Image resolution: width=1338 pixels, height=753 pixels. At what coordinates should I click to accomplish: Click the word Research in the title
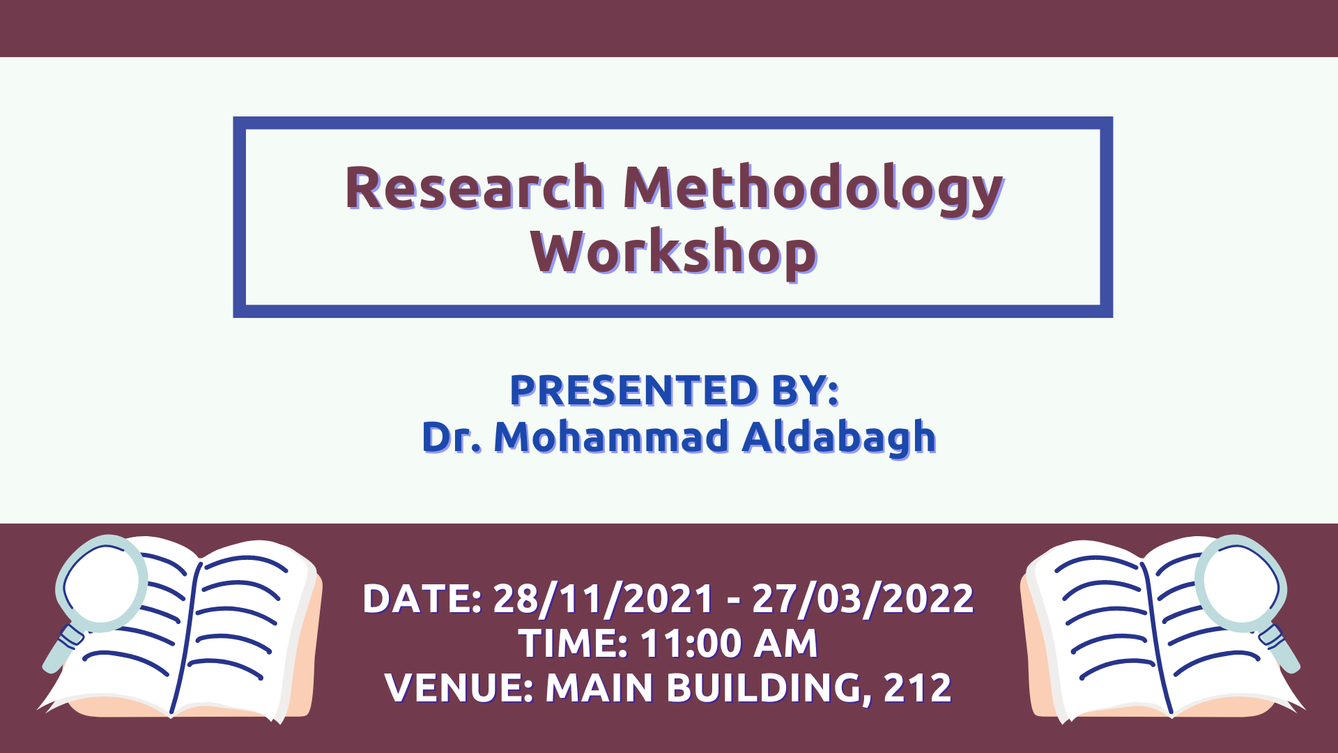(475, 188)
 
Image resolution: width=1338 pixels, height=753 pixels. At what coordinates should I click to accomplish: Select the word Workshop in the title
(673, 253)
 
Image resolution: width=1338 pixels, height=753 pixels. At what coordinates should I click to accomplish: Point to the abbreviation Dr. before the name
(452, 437)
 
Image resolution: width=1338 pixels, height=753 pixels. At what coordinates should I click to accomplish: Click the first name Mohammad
(611, 437)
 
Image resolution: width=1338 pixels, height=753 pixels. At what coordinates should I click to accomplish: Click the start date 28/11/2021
(603, 599)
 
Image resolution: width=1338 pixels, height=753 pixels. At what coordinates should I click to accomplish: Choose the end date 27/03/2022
(863, 599)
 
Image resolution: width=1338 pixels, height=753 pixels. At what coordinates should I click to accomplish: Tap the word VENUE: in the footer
(459, 687)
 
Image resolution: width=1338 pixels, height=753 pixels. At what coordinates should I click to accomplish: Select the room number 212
(917, 687)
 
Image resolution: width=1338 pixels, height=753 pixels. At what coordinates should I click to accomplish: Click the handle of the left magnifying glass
(63, 648)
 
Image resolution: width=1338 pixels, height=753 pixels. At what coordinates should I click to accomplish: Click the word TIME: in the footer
(574, 643)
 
